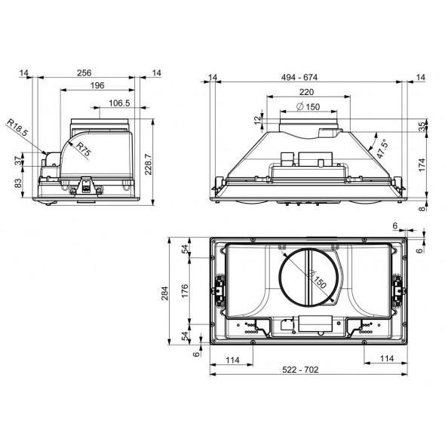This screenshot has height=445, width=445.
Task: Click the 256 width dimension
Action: [x=84, y=73]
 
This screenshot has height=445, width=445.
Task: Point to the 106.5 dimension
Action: [x=118, y=103]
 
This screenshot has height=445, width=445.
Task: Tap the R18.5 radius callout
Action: [x=17, y=127]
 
